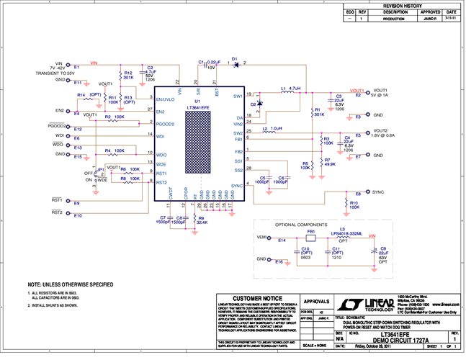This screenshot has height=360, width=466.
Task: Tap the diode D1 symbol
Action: click(235, 64)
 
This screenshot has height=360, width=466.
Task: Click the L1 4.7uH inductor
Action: click(287, 92)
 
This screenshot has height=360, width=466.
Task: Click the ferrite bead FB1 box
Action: click(311, 238)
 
